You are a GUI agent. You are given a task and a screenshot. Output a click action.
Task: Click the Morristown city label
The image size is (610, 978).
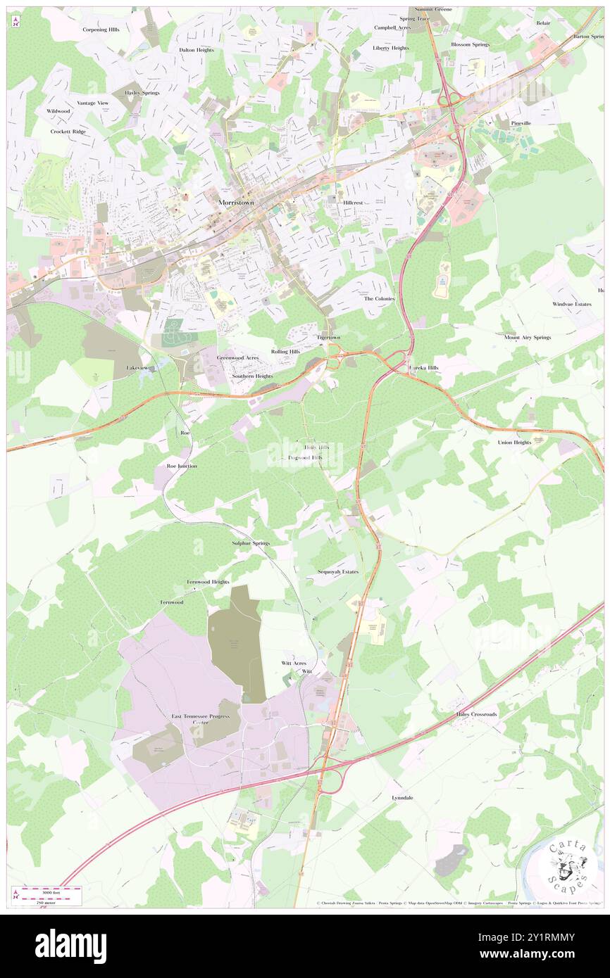click(236, 202)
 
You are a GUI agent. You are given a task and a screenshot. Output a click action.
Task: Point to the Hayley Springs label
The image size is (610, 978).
click(142, 93)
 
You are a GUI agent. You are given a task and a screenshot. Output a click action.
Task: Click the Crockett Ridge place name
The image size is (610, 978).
click(68, 132)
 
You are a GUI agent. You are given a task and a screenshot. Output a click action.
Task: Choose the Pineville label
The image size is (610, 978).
click(521, 123)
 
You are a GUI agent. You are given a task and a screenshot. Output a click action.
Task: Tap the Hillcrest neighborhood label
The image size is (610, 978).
click(353, 202)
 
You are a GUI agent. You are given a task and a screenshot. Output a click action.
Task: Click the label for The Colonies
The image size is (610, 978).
click(379, 298)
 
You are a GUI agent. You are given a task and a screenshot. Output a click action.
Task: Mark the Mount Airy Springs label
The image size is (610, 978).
click(527, 338)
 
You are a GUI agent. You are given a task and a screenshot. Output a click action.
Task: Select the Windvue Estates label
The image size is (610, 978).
click(572, 304)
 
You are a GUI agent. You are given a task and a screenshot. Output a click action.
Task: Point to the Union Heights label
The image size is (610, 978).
click(514, 443)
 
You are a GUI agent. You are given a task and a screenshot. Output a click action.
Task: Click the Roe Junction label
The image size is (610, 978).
click(182, 466)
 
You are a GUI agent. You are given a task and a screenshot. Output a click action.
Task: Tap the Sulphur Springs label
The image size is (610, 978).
click(251, 543)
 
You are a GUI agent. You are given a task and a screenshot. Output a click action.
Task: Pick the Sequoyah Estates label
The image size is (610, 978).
click(338, 572)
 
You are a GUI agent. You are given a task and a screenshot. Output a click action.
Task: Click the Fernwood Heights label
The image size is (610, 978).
click(208, 582)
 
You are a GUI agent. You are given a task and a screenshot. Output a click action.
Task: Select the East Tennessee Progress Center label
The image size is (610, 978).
click(201, 719)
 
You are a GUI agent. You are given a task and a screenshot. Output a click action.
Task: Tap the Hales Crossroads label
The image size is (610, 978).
click(475, 714)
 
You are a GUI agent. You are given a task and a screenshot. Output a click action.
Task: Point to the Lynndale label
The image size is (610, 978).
click(402, 798)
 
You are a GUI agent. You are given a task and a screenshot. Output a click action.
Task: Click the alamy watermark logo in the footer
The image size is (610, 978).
click(70, 946)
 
